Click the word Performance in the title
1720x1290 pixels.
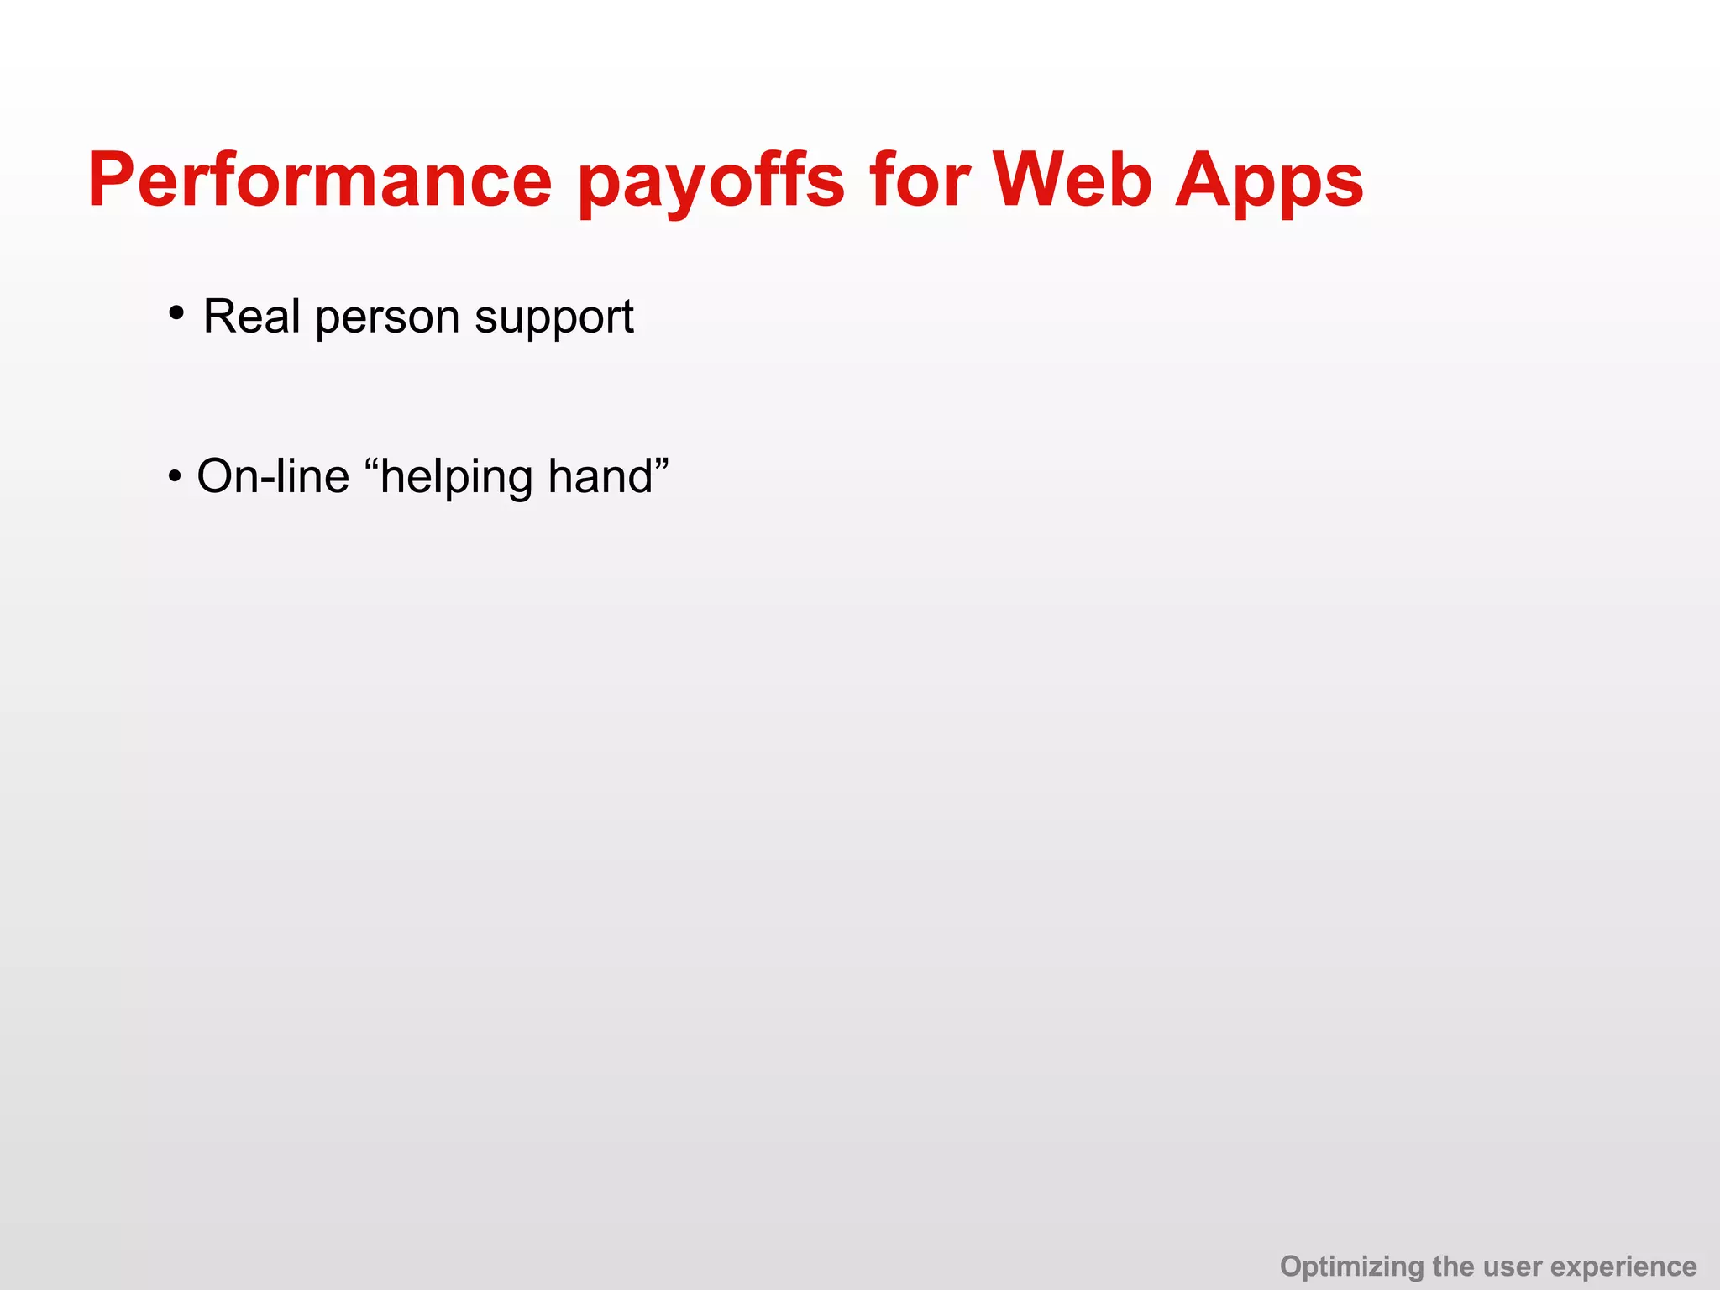319,181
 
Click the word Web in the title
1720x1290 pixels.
1072,181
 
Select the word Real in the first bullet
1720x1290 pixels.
251,317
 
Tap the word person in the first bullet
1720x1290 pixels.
387,319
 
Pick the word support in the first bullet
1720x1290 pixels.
553,319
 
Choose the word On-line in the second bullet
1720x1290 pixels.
272,476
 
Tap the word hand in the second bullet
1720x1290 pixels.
600,476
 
